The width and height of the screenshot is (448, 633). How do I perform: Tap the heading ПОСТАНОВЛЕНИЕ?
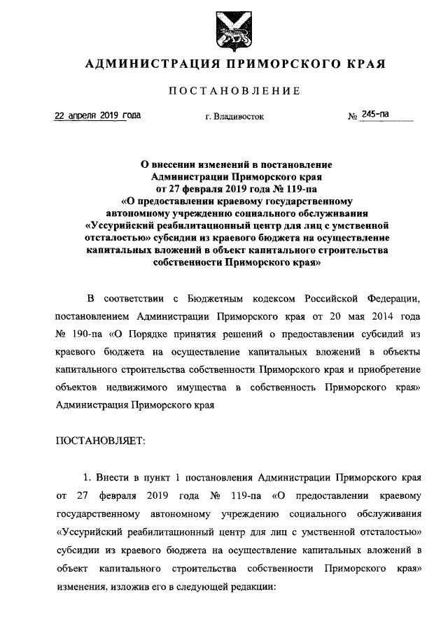pyautogui.click(x=234, y=91)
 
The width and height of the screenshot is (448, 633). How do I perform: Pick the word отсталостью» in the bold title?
pyautogui.click(x=121, y=238)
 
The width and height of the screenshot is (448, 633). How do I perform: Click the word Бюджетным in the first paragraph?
pyautogui.click(x=216, y=299)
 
